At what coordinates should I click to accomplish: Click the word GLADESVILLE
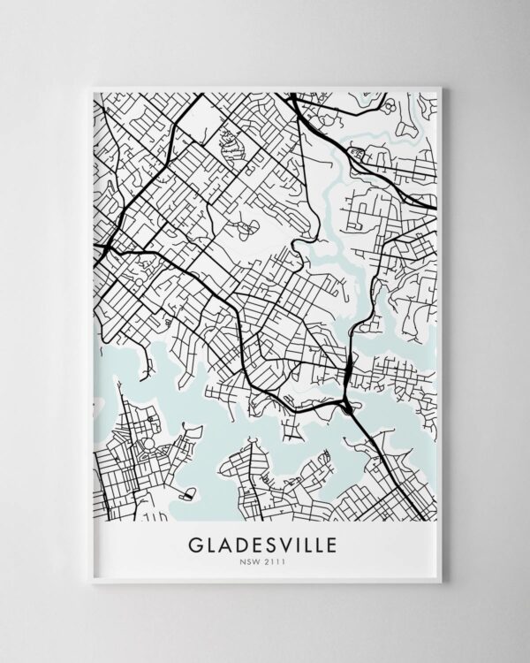pos(265,541)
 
